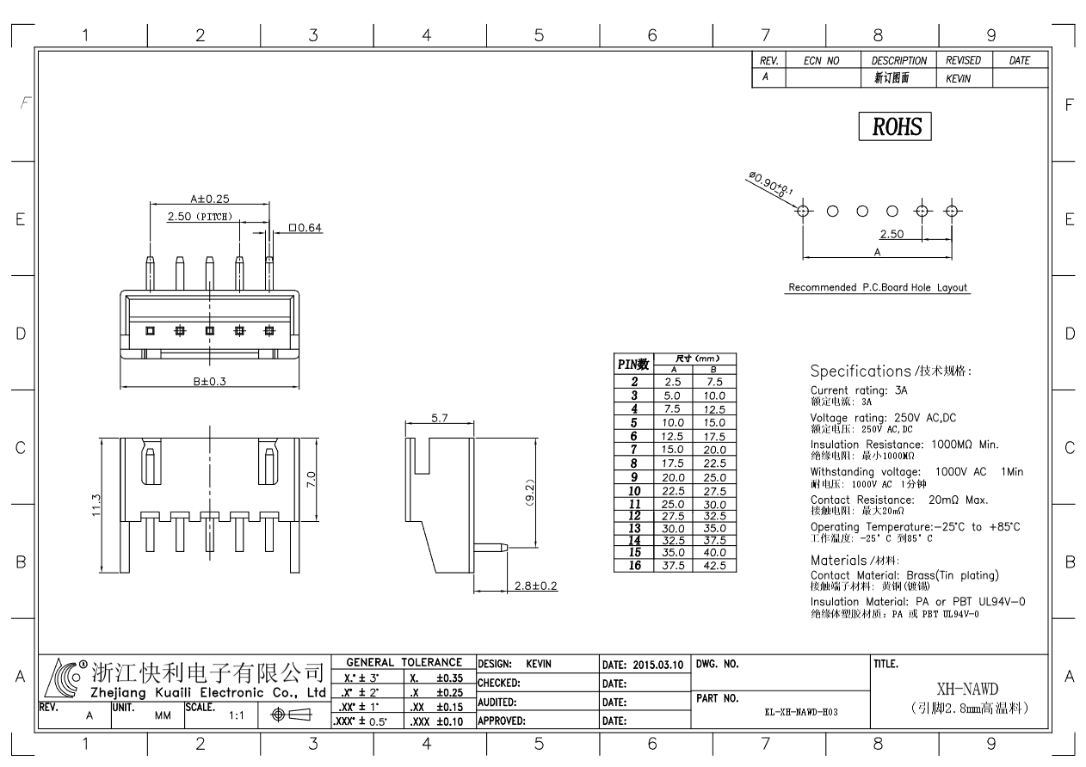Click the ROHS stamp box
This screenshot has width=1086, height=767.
point(894,126)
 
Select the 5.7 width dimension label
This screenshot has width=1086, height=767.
point(439,418)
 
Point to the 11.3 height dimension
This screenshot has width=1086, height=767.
point(96,505)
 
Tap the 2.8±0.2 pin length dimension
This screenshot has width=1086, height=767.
point(535,586)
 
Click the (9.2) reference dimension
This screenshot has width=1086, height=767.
point(529,493)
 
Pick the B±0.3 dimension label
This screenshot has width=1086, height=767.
point(209,381)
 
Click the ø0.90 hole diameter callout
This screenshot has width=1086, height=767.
point(770,184)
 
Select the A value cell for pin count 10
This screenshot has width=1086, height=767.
point(673,491)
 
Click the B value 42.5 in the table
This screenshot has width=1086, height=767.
point(714,566)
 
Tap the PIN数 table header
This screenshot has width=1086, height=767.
point(633,365)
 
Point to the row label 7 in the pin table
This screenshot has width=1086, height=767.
point(633,450)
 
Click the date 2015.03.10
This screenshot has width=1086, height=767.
point(658,665)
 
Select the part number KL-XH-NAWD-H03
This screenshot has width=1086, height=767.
point(801,712)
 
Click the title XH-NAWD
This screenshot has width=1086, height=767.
point(967,689)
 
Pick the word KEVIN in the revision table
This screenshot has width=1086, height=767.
point(958,78)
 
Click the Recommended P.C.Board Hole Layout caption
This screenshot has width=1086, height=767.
point(878,287)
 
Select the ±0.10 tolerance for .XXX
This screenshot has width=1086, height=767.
point(450,721)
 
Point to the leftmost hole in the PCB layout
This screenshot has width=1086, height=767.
point(803,212)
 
